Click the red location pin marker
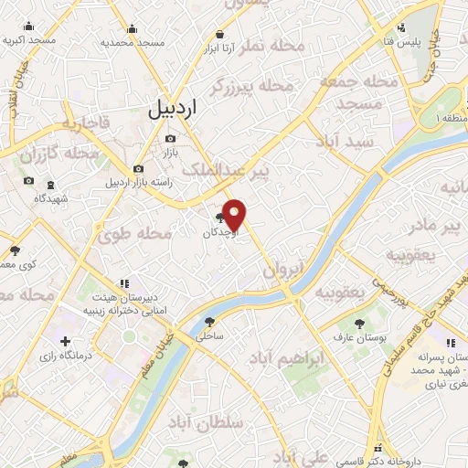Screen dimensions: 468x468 (235, 215)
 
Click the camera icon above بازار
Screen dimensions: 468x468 (170, 139)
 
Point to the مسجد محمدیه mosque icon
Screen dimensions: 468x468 (131, 27)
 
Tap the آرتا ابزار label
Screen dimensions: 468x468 (218, 47)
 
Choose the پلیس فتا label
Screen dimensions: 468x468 (400, 43)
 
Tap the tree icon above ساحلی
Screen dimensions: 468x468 (211, 322)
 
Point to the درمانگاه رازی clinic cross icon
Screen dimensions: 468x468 (64, 340)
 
